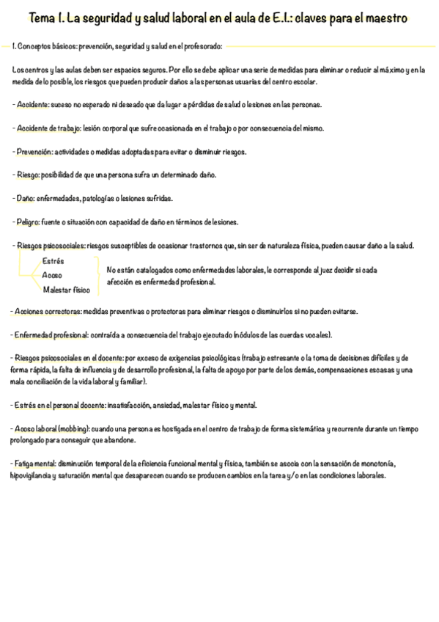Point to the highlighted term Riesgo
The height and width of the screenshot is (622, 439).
click(27, 175)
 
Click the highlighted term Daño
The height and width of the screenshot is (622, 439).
click(24, 198)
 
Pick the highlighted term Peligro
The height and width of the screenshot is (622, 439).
click(28, 222)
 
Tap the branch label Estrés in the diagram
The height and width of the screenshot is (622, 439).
click(54, 261)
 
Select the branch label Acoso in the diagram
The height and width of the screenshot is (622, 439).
click(52, 275)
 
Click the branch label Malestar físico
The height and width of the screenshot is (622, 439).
click(67, 290)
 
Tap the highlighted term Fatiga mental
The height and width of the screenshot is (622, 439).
click(35, 464)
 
